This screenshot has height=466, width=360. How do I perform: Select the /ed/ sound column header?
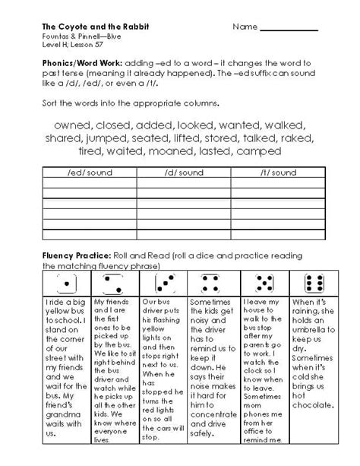pos(90,173)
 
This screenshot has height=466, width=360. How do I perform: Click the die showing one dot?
pos(66,284)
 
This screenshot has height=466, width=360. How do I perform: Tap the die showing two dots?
pos(113,284)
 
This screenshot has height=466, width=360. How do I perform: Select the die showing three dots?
pos(161,284)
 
